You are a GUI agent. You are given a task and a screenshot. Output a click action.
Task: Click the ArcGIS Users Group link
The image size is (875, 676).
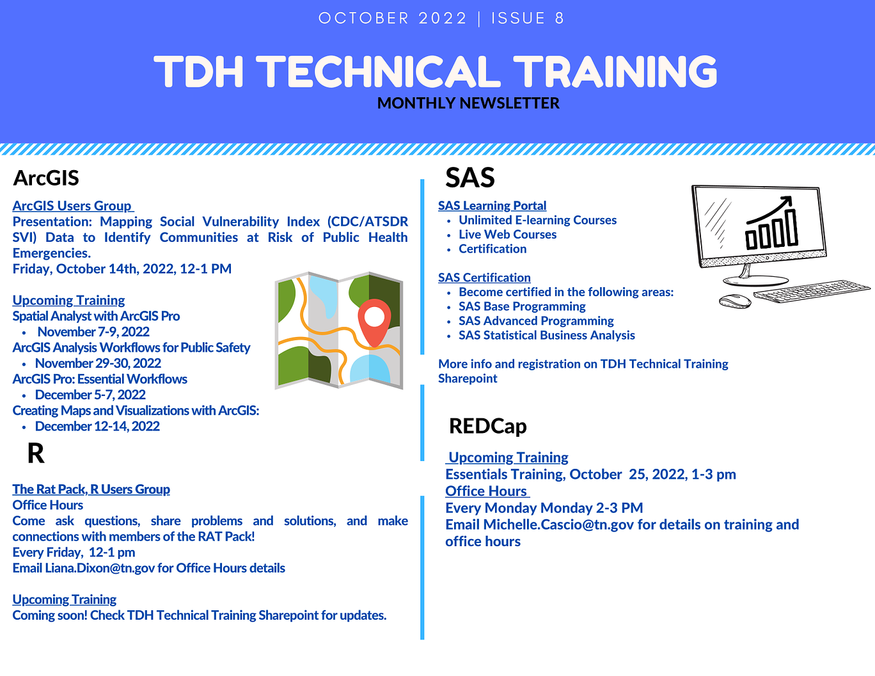(73, 206)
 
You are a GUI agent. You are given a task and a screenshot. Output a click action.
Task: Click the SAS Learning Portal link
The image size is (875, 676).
(492, 206)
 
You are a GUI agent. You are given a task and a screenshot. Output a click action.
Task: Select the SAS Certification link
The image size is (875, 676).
(484, 278)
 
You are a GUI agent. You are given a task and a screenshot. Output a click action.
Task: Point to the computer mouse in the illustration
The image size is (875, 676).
(735, 301)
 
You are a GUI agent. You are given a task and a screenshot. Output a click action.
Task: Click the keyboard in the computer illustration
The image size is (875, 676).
(812, 291)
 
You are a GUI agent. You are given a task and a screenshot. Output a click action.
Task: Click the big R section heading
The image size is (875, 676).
(36, 453)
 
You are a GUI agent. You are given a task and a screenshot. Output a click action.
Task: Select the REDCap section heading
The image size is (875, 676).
(487, 426)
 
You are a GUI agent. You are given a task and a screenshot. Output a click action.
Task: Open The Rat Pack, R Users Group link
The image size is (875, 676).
(91, 489)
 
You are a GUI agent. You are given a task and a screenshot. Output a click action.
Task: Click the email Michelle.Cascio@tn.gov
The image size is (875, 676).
(558, 524)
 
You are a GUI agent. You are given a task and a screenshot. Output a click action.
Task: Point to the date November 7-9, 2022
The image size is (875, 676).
(93, 332)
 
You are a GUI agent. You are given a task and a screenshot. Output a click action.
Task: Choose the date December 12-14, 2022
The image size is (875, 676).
(97, 427)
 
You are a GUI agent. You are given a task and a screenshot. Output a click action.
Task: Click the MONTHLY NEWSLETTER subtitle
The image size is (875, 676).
(468, 104)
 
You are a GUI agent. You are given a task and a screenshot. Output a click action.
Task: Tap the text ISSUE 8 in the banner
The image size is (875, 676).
(528, 19)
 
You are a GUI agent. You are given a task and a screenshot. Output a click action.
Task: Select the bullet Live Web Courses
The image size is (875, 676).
(507, 235)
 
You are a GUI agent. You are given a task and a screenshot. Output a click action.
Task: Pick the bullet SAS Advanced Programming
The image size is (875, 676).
(536, 321)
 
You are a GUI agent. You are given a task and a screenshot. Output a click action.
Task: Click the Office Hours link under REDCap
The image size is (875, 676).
(487, 491)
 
